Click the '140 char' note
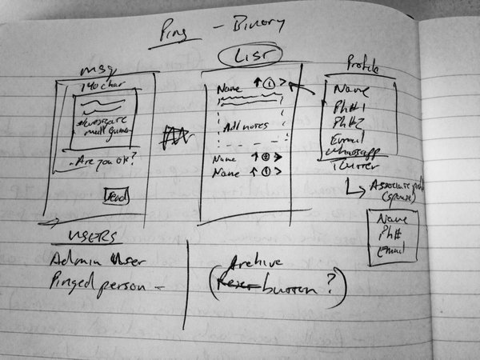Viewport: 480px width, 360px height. click(x=95, y=86)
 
